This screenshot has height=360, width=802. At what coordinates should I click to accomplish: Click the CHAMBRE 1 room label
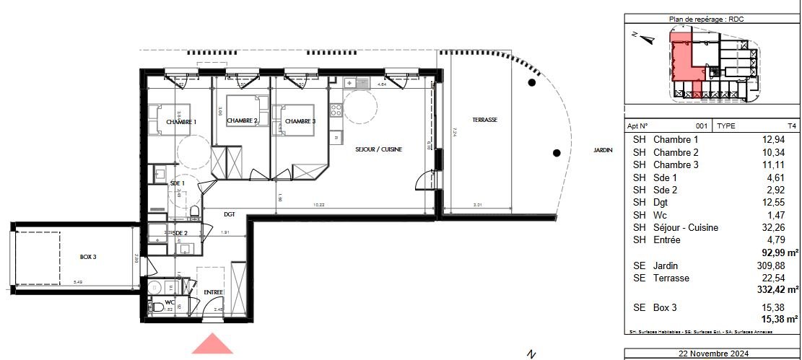coord(181,122)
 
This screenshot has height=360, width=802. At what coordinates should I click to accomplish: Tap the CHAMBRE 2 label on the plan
coord(242,120)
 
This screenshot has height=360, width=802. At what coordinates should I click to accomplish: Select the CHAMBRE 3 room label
coord(300,121)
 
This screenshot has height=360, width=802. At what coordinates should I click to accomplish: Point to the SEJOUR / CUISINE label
coord(378,149)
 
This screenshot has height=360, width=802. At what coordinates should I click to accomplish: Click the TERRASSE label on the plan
coord(485,120)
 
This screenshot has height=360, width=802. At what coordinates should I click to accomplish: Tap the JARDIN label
coord(603,150)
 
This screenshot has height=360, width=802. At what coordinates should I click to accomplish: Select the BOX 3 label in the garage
coord(88,257)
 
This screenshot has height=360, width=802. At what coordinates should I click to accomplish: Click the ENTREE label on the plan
coord(213,292)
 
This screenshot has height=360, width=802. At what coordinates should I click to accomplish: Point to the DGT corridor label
coord(229,214)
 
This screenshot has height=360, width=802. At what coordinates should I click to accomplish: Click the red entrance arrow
coord(212,344)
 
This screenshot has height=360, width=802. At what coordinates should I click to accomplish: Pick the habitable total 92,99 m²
coord(780,253)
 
